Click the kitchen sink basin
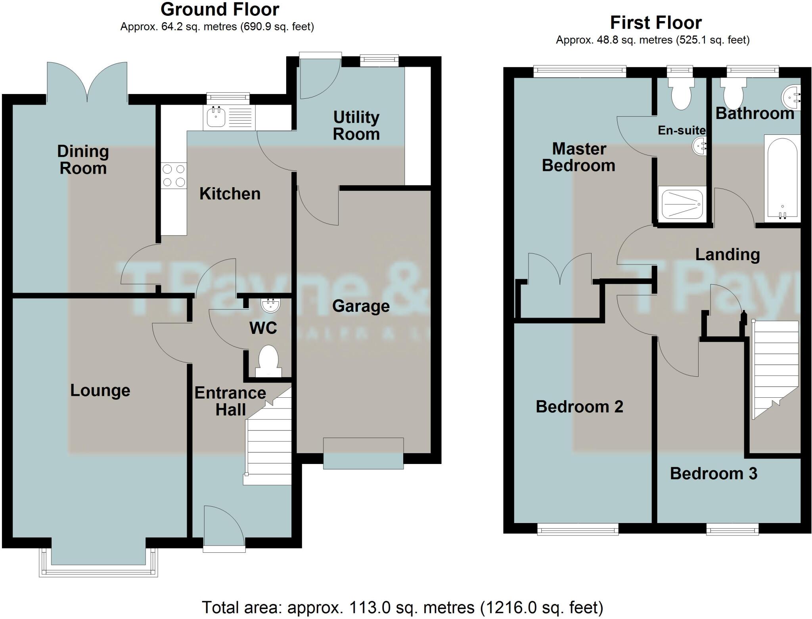(216, 117)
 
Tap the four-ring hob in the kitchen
(174, 175)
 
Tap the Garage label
(360, 306)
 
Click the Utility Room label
(356, 126)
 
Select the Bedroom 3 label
(713, 473)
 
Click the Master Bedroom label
(578, 157)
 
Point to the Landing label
(727, 254)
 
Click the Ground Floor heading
(220, 9)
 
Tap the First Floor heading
(655, 23)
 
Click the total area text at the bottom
(402, 607)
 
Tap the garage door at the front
(363, 453)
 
